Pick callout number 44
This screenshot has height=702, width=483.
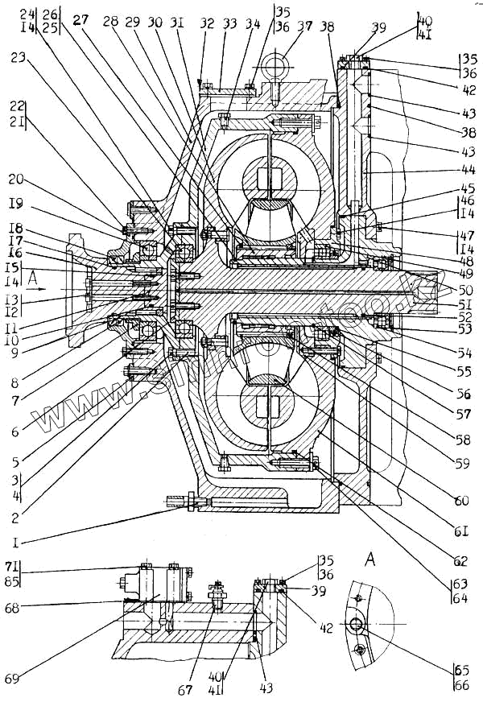[468, 171]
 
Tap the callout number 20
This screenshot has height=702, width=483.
[16, 180]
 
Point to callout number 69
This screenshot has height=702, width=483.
[11, 679]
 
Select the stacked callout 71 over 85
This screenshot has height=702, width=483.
[11, 572]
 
